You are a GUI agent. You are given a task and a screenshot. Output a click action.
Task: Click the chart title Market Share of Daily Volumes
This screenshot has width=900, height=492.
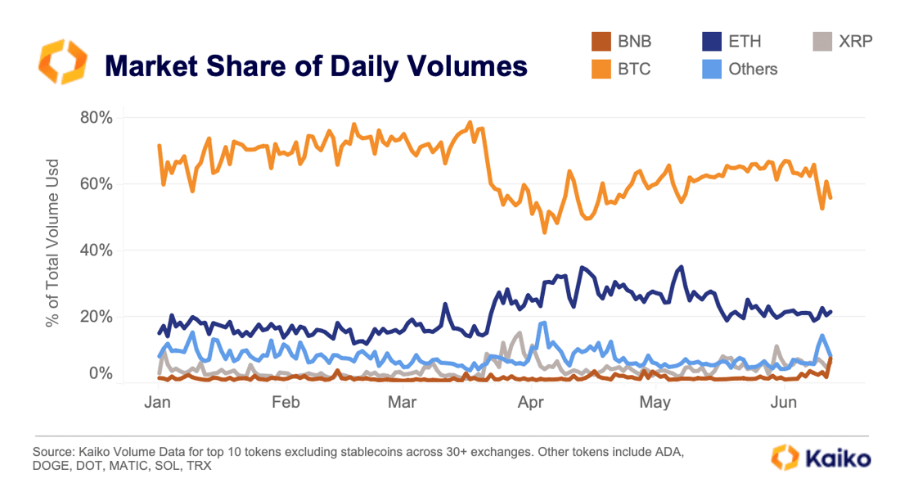coord(316,65)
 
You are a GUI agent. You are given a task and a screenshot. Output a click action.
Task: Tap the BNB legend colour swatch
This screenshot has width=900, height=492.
coord(601,41)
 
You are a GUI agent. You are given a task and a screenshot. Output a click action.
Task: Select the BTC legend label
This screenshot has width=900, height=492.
coord(635,69)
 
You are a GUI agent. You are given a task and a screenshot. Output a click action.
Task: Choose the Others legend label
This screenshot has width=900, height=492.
coord(753,69)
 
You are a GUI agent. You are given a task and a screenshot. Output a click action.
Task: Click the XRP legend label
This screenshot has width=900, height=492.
coord(855,41)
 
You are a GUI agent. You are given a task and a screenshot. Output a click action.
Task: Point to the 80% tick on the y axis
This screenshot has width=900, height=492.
coord(96,117)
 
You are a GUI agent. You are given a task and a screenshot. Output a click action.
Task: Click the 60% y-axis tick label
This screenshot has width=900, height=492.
coord(96,183)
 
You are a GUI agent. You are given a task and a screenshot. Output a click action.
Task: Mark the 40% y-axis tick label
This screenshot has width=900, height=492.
coord(96,250)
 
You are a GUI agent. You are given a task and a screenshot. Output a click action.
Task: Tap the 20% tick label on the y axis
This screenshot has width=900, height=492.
coord(96,316)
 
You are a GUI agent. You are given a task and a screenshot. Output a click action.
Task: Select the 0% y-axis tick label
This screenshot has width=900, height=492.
coord(100,374)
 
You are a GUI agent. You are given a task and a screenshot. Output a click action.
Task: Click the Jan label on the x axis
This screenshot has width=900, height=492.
coord(157,403)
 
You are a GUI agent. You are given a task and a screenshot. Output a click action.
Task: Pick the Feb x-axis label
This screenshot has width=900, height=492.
coord(286,403)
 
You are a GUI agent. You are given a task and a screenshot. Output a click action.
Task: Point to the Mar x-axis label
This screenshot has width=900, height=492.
coord(403,403)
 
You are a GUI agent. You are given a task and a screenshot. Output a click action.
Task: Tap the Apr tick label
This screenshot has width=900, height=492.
coord(532,403)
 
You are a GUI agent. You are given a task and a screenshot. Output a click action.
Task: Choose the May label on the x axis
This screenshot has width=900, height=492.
coord(655,403)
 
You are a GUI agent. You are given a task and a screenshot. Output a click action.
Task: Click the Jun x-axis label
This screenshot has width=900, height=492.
coord(784,403)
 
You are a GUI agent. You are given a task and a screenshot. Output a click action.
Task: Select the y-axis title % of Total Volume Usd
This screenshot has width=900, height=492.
coord(53,242)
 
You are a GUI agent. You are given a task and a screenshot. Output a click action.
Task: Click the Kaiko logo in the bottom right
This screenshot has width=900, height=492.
coord(821,458)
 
